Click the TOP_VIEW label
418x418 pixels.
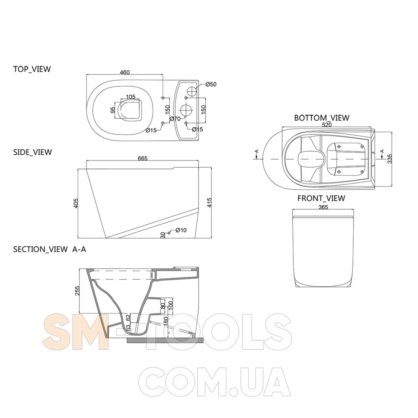[32, 69]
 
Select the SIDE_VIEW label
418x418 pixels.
[33, 152]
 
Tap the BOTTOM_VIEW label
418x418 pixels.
[321, 118]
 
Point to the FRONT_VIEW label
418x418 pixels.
[321, 198]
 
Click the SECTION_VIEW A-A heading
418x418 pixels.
[50, 249]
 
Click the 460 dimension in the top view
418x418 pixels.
[125, 72]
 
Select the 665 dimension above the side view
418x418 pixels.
[143, 158]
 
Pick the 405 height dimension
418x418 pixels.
[76, 203]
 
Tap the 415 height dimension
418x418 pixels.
[209, 203]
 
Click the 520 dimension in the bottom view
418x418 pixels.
[326, 125]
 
